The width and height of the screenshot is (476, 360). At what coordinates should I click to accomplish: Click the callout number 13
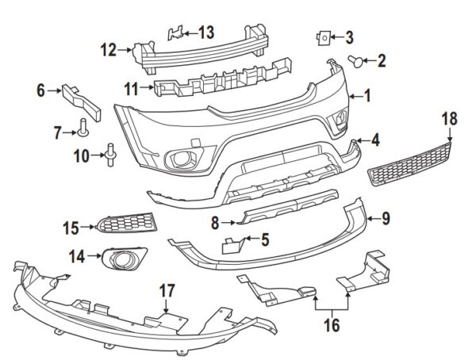click(x=206, y=33)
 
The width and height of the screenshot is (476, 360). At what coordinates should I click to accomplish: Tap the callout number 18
click(x=450, y=118)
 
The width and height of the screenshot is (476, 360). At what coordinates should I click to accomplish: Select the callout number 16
click(x=332, y=325)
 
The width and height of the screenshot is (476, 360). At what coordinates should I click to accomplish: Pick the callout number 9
click(x=386, y=216)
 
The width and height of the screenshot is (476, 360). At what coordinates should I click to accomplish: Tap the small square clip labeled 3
click(x=324, y=36)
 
